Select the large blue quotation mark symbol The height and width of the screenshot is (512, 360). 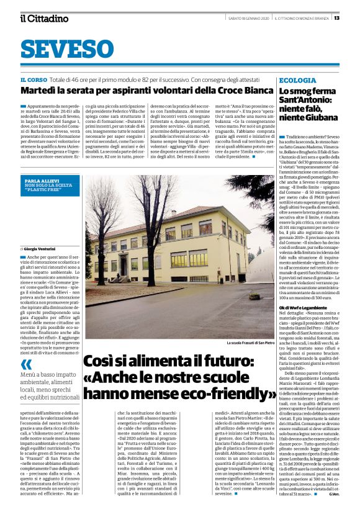26,365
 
